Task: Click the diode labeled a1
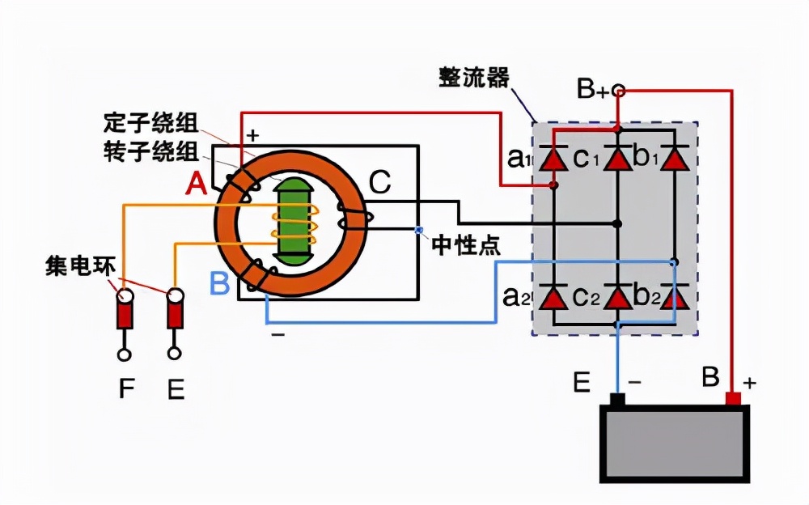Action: (553, 159)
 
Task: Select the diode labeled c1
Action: (618, 159)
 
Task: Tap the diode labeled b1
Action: (674, 159)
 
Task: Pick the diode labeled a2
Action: (553, 298)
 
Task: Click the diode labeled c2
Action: (618, 298)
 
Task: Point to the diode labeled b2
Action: (674, 298)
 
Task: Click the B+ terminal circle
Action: (618, 90)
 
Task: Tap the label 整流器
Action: (474, 78)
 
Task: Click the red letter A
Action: (196, 186)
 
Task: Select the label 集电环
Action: (77, 266)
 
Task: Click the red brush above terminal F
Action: (124, 311)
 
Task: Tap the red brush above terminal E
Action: (174, 311)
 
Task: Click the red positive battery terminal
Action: (733, 398)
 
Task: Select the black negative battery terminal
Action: (618, 399)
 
